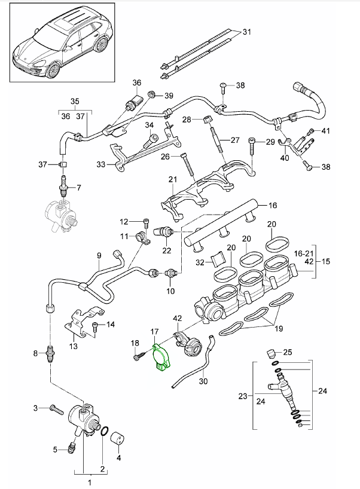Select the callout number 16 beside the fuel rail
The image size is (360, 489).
[272, 206]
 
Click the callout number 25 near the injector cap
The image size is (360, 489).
[287, 353]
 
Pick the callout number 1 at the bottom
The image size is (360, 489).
[90, 482]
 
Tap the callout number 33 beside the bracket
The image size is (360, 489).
[101, 163]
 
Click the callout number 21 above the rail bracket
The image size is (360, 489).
[173, 180]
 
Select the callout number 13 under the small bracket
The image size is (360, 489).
[74, 346]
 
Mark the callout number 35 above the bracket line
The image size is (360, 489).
[74, 100]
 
